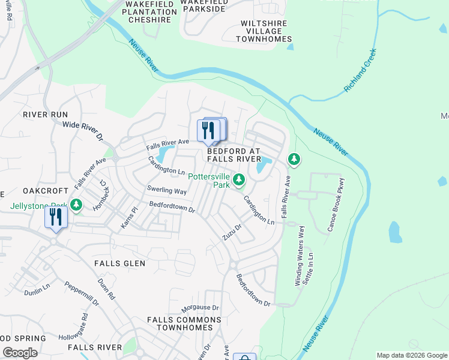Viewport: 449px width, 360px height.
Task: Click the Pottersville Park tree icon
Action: point(239,179)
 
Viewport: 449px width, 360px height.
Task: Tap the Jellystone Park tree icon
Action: point(76,205)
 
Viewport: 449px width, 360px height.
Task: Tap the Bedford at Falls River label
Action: point(234,155)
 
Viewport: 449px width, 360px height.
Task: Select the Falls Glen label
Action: point(120,263)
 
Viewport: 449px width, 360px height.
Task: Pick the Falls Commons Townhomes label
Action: point(184,324)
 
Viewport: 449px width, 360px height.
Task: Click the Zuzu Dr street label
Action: point(232,232)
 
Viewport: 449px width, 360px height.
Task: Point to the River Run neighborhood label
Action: point(46,114)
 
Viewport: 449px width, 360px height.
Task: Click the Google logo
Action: point(20,353)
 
